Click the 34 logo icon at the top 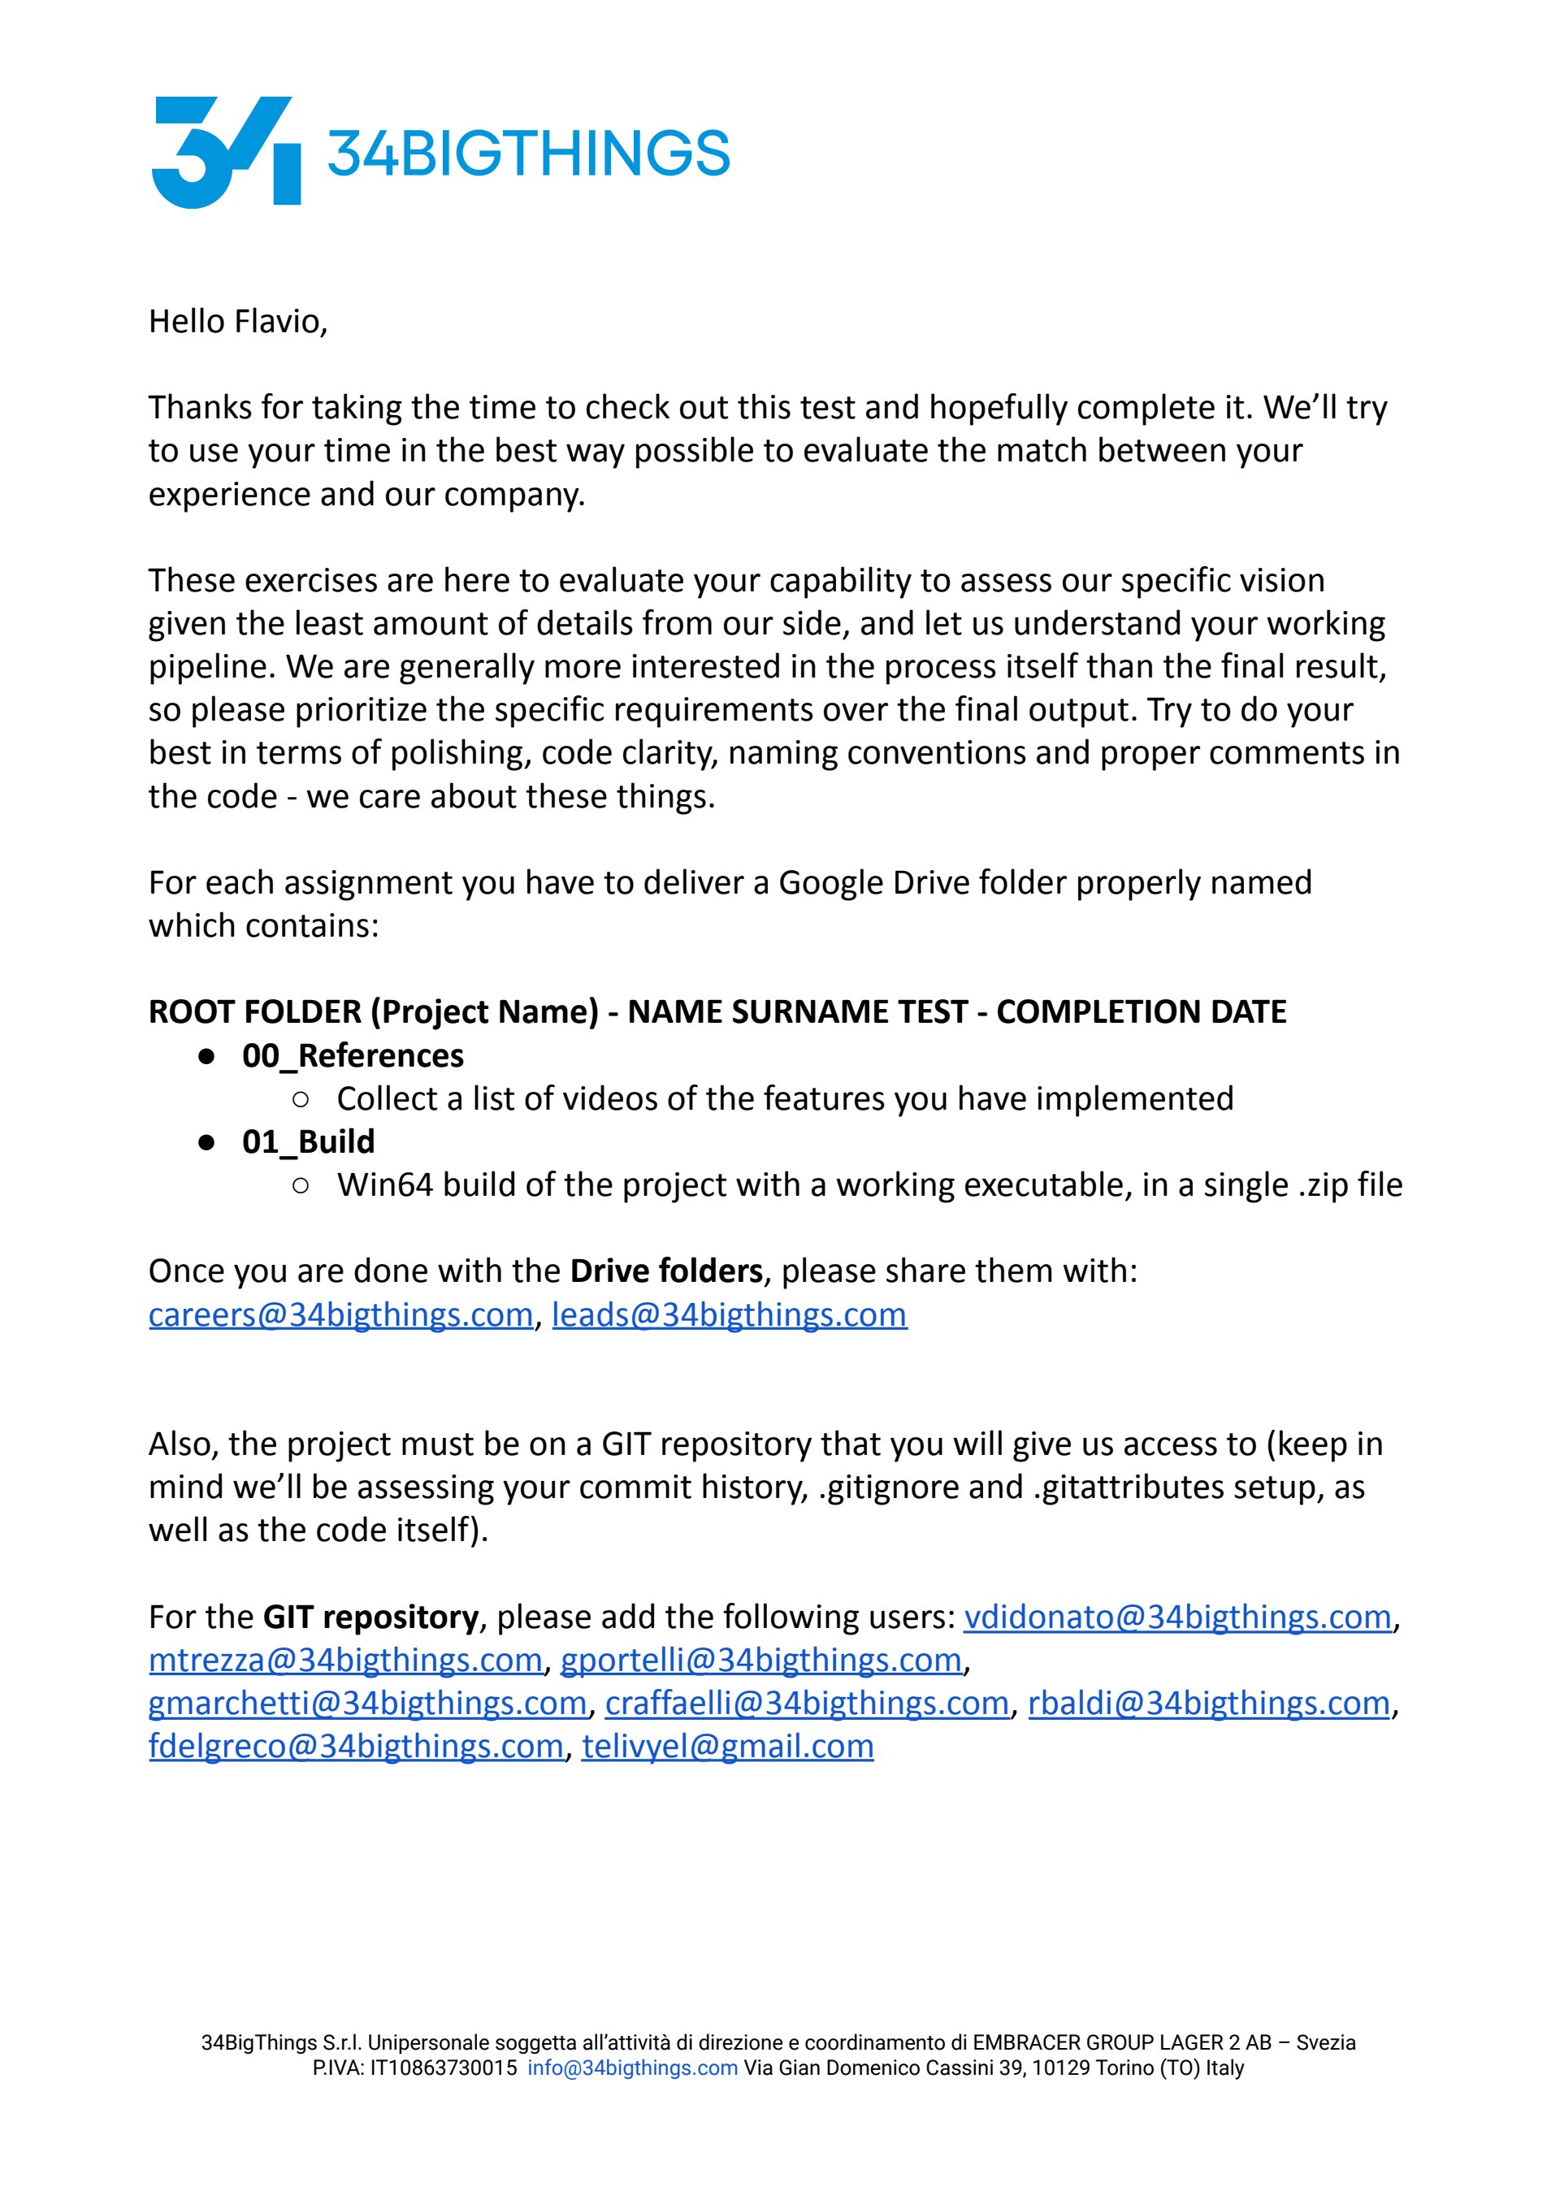226,152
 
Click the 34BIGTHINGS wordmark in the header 528,154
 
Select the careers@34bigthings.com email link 340,1314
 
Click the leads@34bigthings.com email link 729,1314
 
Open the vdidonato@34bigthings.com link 1177,1617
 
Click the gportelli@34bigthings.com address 760,1660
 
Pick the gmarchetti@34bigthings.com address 367,1703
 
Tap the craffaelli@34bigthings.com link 807,1703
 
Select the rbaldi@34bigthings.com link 1208,1703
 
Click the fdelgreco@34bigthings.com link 355,1746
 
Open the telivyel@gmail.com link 727,1746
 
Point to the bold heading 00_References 353,1055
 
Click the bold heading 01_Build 309,1142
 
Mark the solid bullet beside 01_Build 206,1143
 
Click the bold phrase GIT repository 370,1617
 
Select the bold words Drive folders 665,1271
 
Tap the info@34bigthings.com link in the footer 632,2068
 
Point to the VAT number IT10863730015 443,2068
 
